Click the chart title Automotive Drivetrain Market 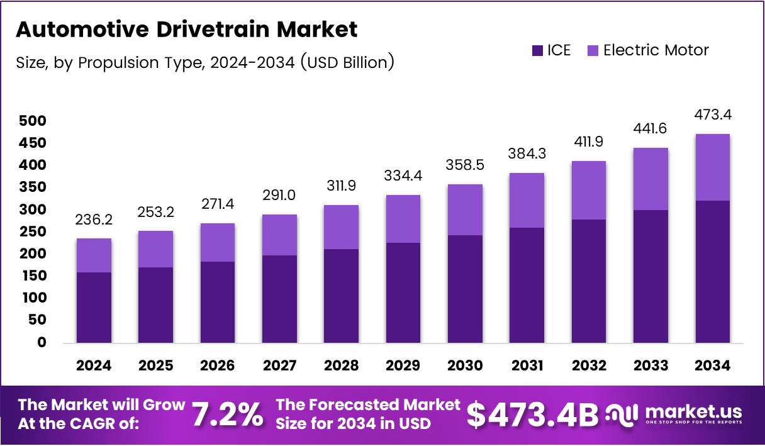pos(186,30)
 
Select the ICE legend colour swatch pos(537,50)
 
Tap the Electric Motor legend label pos(656,50)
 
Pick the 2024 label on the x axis pos(94,365)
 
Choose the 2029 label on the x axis pos(403,365)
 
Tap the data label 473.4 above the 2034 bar pos(713,115)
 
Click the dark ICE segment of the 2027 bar pos(279,299)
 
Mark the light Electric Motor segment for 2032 pos(589,190)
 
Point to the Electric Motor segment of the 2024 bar pos(94,255)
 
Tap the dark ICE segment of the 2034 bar pos(713,272)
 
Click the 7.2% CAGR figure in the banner pos(226,415)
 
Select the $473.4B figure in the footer pos(532,415)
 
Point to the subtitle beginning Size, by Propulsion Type pos(204,62)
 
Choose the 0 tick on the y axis pos(42,343)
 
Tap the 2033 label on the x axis pos(651,365)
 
